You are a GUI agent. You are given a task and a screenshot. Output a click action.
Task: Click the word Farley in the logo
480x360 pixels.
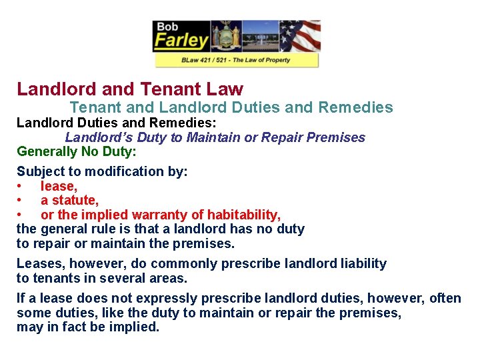[x=181, y=41]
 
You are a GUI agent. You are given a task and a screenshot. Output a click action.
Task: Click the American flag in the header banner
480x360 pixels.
[x=299, y=36]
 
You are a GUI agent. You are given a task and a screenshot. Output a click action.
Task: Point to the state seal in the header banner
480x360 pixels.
[x=226, y=36]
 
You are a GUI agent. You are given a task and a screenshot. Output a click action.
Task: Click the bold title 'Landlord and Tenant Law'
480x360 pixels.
[x=130, y=89]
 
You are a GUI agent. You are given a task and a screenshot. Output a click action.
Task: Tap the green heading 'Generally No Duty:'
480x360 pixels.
[x=77, y=151]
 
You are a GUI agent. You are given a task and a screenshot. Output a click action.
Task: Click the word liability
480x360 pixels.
[x=359, y=263]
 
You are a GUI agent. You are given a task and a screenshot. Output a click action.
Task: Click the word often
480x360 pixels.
[x=445, y=299]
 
